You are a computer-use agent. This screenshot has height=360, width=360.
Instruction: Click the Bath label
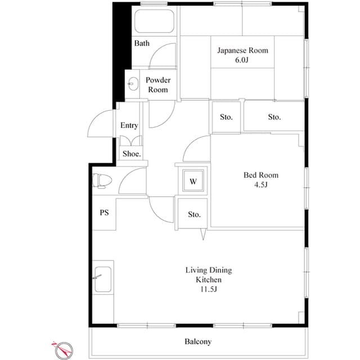click(142, 43)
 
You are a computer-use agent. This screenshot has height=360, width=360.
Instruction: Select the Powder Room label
click(157, 85)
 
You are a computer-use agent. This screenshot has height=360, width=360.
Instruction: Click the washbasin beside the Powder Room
click(133, 84)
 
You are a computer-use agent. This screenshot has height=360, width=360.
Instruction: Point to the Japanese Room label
click(243, 51)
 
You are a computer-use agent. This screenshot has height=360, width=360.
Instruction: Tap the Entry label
click(129, 125)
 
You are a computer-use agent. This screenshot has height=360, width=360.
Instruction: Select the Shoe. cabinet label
click(132, 154)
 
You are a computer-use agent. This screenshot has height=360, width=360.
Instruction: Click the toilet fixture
click(102, 180)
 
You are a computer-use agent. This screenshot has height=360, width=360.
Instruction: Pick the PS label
click(104, 213)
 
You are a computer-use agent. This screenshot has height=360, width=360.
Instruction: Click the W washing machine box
click(192, 181)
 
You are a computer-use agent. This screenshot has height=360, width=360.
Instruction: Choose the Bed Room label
click(260, 175)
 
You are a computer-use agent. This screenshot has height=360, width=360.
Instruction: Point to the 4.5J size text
click(260, 184)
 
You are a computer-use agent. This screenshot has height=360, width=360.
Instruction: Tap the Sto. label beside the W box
click(194, 214)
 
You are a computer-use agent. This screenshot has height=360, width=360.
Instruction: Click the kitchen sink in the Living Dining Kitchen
click(103, 278)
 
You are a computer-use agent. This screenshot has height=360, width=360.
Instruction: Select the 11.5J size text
click(208, 289)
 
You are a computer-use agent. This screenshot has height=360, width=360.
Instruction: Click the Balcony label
click(197, 341)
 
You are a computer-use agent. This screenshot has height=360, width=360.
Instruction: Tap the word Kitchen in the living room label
click(208, 280)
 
